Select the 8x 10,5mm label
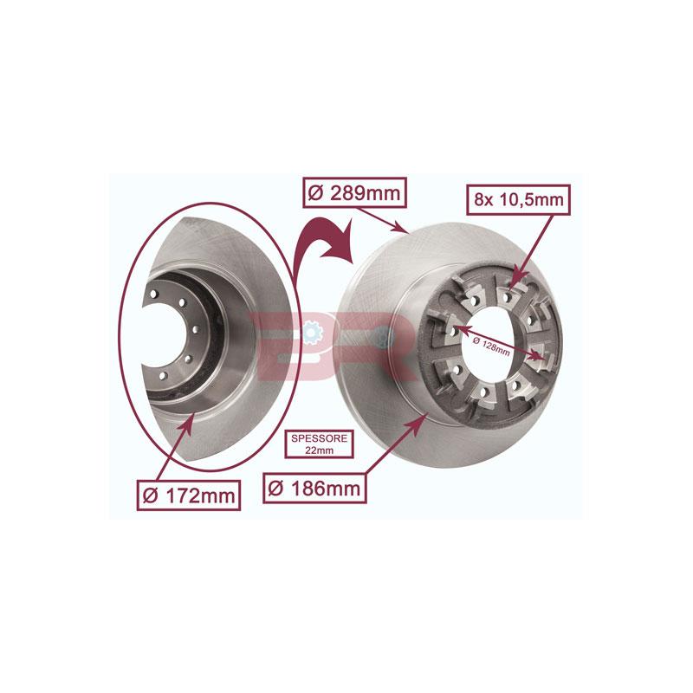[517, 201]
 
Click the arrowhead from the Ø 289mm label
[407, 231]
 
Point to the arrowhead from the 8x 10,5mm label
[514, 282]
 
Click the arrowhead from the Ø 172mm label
[193, 420]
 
